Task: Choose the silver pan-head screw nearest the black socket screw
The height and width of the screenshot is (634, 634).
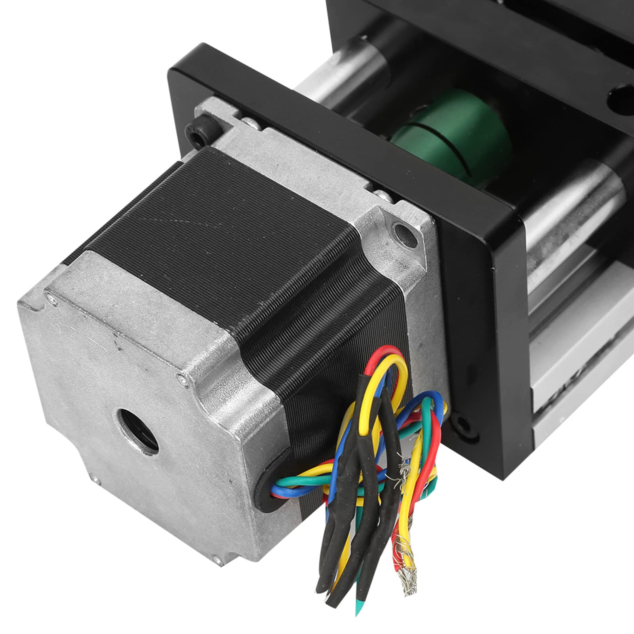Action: point(249,124)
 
